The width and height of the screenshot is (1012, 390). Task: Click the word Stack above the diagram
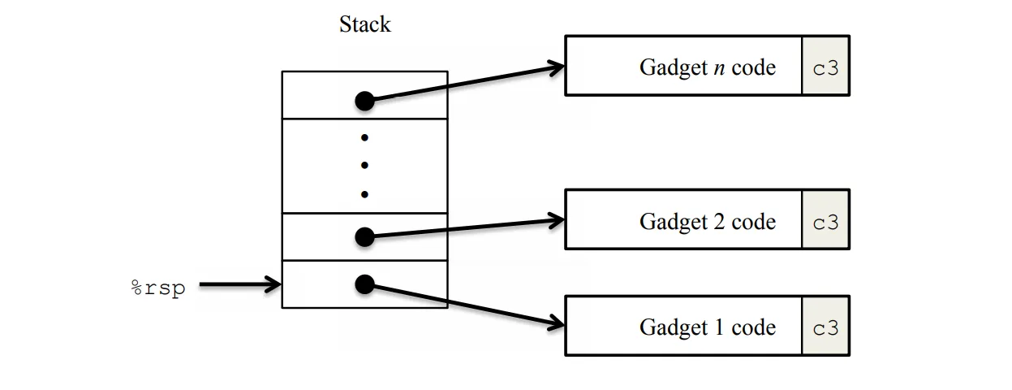click(364, 24)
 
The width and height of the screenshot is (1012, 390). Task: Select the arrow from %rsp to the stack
click(239, 285)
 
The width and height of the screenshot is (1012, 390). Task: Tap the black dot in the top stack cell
click(364, 101)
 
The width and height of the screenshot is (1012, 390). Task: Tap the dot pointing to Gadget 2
click(364, 236)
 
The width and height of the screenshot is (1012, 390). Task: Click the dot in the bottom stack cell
click(364, 284)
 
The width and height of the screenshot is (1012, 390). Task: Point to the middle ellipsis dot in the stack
click(364, 165)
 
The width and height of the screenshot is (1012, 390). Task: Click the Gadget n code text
click(707, 67)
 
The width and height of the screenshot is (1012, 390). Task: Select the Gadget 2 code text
click(707, 221)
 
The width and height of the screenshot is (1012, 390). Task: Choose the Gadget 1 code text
click(707, 327)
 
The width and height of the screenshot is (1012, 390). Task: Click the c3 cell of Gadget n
click(825, 67)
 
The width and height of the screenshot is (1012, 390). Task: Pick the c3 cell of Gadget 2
click(825, 221)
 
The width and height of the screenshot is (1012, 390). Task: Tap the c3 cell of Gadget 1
click(825, 327)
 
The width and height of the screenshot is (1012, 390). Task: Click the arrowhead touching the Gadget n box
click(557, 67)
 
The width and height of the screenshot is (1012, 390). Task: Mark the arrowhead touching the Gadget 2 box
click(557, 219)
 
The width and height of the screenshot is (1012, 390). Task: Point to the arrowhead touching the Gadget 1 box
click(557, 325)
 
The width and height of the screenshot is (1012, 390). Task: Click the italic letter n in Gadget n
click(719, 67)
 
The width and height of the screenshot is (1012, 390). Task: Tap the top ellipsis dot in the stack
click(364, 136)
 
